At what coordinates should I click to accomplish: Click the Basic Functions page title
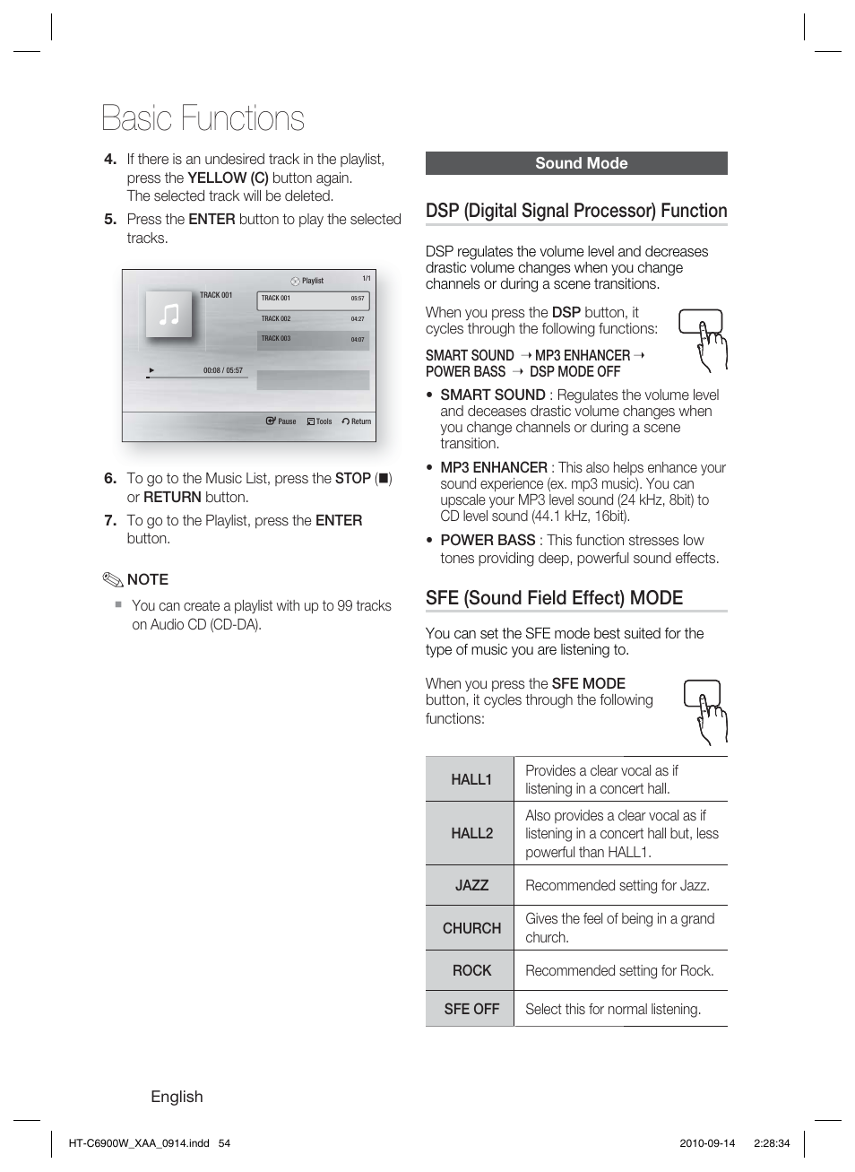tap(203, 118)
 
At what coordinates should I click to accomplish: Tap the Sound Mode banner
tap(576, 163)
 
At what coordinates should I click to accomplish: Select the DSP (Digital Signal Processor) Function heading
tap(576, 211)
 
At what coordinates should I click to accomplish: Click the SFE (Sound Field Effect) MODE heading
tap(554, 598)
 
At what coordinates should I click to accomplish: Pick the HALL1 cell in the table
tap(471, 779)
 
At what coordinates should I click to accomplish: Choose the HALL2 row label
tap(471, 833)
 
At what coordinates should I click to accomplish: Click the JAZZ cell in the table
tap(471, 885)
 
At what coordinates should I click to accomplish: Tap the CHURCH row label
tap(471, 928)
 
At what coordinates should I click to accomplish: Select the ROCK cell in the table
tap(471, 970)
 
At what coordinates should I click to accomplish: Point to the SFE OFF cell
tap(471, 1009)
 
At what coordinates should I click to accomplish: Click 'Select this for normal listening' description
tap(613, 1009)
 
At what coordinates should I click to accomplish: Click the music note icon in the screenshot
tap(168, 314)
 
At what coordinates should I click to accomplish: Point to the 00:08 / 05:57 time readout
tap(222, 370)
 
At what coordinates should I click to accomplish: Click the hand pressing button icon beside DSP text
tap(702, 339)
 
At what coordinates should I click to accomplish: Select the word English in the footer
tap(177, 1097)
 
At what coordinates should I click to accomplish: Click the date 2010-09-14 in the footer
tap(707, 1143)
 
